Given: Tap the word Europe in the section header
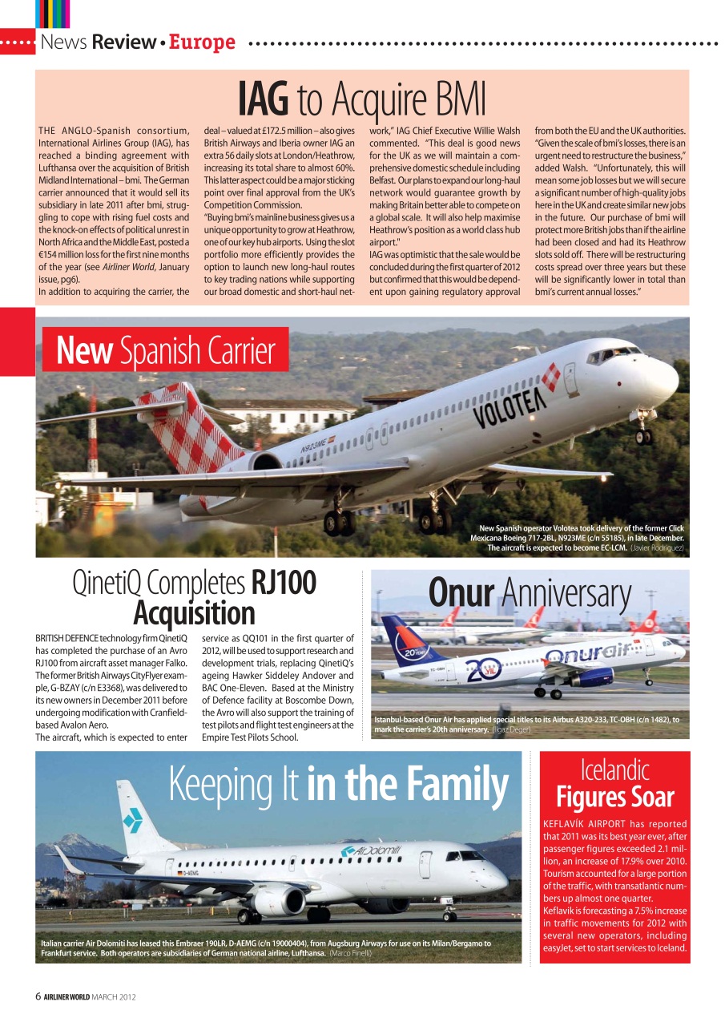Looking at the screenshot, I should [x=202, y=42].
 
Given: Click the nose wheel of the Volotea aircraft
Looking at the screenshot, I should [x=643, y=437].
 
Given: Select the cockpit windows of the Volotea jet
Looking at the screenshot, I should [x=614, y=353].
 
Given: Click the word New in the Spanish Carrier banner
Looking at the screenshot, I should [x=84, y=351].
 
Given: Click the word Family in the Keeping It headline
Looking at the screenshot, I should [x=450, y=783].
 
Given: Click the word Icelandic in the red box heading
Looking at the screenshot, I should [x=614, y=771].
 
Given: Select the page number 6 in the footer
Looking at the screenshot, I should [x=38, y=996].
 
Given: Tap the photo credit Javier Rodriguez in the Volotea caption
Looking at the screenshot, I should [x=657, y=548].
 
